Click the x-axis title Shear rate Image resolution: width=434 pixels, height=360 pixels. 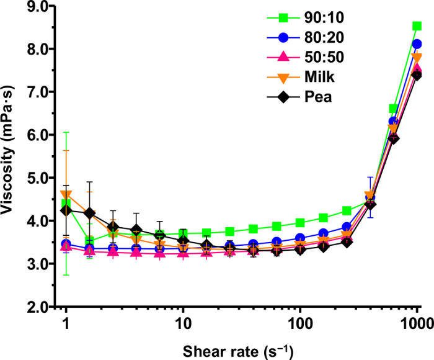(x=239, y=349)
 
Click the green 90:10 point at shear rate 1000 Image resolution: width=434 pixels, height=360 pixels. (x=417, y=26)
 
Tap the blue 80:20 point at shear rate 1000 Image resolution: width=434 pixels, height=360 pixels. (x=417, y=44)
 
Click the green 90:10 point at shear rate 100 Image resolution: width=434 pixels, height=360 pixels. (x=300, y=223)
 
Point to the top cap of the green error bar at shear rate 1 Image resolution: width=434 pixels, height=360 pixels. (x=66, y=132)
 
